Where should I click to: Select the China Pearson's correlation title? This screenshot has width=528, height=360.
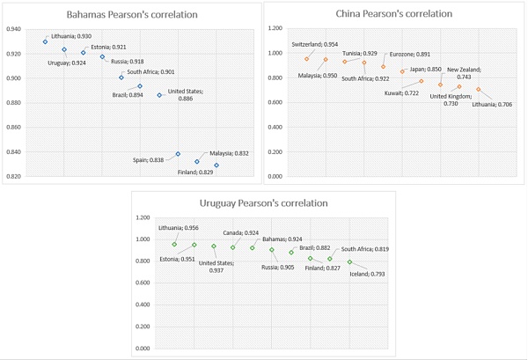(393, 14)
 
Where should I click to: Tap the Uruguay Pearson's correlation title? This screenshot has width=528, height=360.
(264, 203)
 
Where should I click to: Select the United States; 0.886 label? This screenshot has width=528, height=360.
(186, 94)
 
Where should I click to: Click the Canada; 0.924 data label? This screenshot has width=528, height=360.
(238, 232)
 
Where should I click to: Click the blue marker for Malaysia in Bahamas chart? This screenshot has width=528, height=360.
(197, 162)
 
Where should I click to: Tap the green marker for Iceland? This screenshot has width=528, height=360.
(349, 262)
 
